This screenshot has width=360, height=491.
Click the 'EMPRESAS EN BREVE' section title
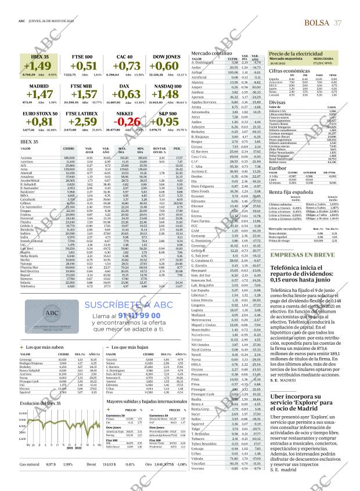tap(296, 255)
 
